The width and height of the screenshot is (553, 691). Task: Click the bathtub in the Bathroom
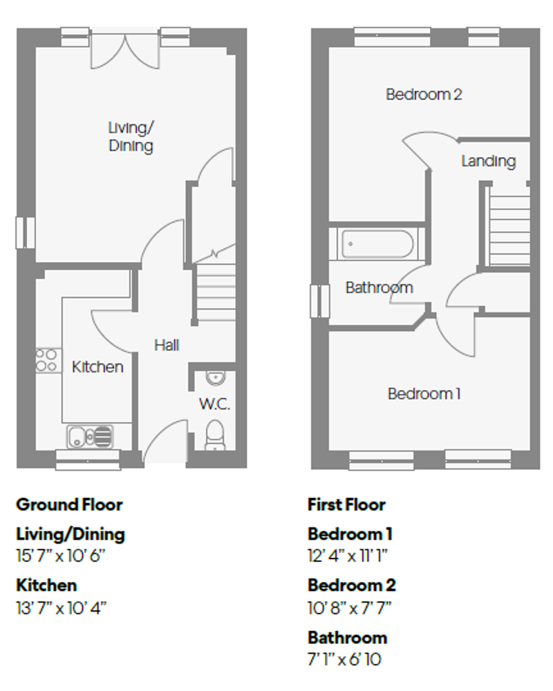click(x=377, y=244)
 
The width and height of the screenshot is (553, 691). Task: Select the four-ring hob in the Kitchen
click(x=47, y=359)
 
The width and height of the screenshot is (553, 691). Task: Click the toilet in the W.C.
click(x=216, y=434)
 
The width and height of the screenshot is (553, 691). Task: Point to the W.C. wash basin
click(x=216, y=378)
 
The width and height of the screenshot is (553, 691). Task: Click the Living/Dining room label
click(x=130, y=137)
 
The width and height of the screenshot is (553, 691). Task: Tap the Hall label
click(x=167, y=344)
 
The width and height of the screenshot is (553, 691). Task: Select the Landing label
click(x=488, y=161)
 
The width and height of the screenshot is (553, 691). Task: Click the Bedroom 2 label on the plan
click(x=423, y=95)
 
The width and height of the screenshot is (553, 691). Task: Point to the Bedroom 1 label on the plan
click(x=424, y=394)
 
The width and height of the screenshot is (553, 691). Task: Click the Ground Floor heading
click(x=69, y=504)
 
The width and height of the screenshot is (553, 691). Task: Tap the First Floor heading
click(x=346, y=504)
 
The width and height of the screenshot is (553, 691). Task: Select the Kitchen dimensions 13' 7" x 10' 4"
click(x=62, y=607)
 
